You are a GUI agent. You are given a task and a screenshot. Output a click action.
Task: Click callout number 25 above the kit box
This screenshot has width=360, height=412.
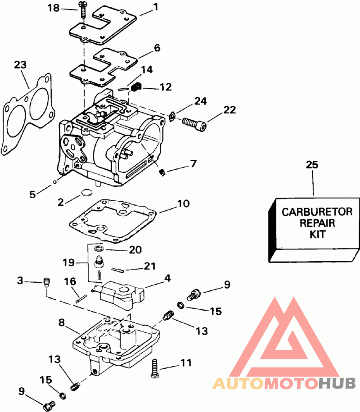coord(312,165)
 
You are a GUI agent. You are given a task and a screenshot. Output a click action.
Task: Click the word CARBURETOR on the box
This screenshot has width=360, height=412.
coord(317,212)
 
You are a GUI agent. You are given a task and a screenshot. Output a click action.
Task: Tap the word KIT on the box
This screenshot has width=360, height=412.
coord(317,234)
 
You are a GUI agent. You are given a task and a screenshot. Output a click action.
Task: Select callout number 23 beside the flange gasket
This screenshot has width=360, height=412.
coord(20,65)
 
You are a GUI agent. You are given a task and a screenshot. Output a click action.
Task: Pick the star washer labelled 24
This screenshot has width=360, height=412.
coord(172,116)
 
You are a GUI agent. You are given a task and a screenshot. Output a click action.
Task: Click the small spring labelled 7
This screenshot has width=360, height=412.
coord(162,172)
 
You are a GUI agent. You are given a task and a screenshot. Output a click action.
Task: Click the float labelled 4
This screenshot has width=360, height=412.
coord(118,294)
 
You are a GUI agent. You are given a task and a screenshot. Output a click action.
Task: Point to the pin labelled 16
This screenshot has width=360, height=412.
coord(81,299)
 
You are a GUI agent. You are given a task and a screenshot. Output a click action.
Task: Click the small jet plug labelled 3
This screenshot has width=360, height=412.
coord(46,282)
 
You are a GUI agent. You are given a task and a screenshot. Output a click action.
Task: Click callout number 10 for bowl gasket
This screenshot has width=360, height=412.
coord(183,204)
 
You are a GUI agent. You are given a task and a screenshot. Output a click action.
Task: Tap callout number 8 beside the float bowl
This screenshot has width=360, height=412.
coord(62,322)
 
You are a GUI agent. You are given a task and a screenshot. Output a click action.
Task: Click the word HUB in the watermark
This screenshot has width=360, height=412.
coord(337,384)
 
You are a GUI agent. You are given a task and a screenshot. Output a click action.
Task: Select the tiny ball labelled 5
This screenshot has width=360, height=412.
coord(54,181)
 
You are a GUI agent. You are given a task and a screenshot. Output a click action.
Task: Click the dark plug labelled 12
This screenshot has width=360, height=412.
coord(135,87)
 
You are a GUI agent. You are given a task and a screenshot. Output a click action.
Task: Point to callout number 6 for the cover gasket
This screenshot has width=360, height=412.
coord(157,48)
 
